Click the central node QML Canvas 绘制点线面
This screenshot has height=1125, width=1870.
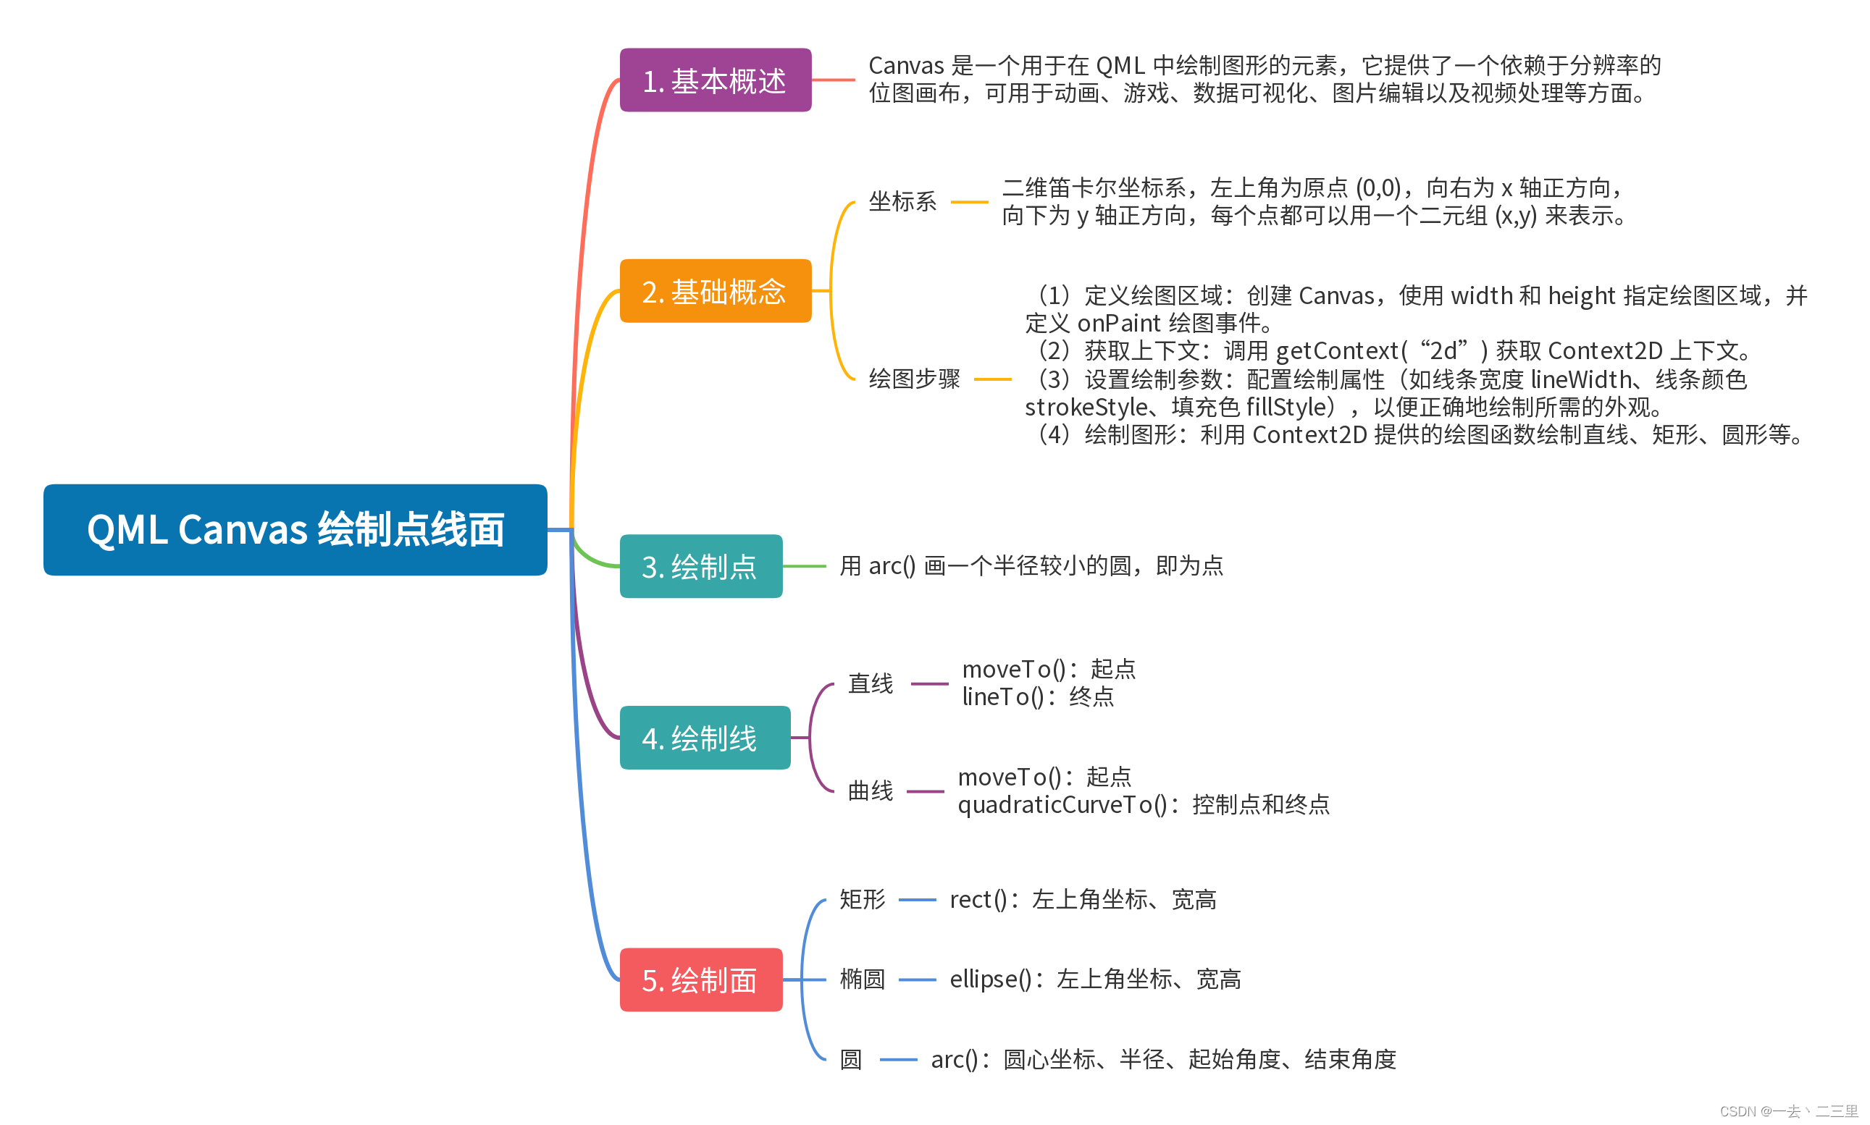point(295,529)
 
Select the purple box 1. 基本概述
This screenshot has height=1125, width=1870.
point(714,80)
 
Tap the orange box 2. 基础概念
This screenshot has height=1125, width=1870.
point(714,291)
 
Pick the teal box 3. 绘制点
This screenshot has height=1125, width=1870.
point(700,566)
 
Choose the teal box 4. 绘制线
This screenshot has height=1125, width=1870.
point(704,738)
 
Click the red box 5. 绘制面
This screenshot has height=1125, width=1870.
point(700,979)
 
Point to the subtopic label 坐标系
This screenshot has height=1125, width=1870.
point(902,202)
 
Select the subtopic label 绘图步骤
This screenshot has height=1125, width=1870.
point(914,379)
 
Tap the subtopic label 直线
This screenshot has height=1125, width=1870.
point(870,683)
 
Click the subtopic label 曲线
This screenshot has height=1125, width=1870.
point(870,791)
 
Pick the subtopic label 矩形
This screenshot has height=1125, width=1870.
point(861,899)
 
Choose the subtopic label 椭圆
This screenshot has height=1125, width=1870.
point(861,979)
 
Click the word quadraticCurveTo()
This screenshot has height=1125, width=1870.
point(1062,804)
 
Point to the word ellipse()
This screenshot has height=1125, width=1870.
point(989,979)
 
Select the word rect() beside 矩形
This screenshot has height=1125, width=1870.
point(978,899)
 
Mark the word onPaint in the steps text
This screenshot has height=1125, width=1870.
point(1118,323)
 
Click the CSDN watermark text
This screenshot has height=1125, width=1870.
point(1787,1111)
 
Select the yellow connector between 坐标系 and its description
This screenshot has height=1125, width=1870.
point(968,202)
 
